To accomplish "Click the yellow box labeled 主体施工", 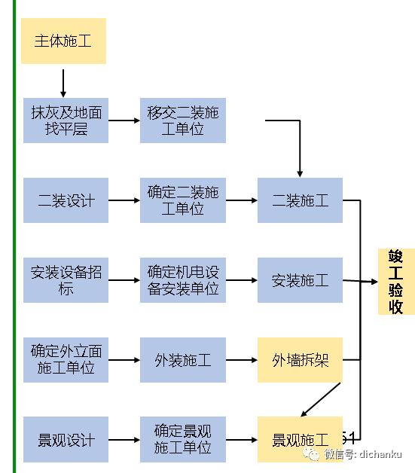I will [x=63, y=41].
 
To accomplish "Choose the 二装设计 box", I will [x=66, y=200].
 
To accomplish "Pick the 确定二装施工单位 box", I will [x=183, y=200].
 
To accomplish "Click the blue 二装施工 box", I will [x=300, y=200].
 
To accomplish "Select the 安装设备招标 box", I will [x=66, y=280].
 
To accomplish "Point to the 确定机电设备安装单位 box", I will [x=183, y=280].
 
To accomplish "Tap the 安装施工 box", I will [x=300, y=280].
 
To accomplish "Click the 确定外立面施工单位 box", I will [x=66, y=359].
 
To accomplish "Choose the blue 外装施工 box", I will [x=183, y=359].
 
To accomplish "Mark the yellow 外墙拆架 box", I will [x=300, y=359].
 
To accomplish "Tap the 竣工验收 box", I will [x=396, y=281].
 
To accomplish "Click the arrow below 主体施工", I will [x=63, y=81].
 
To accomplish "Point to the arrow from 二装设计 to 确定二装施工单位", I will [x=124, y=200].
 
